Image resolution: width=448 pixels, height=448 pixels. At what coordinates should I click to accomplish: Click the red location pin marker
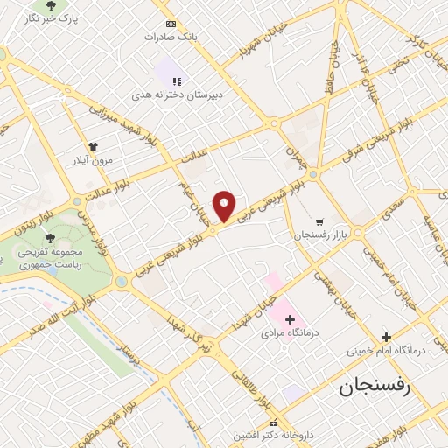225,205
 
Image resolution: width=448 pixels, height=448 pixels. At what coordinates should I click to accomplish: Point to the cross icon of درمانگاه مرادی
290,319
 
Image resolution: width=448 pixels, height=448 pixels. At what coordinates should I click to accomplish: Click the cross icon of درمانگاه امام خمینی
385,337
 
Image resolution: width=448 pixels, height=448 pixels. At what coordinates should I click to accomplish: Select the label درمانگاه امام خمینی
385,351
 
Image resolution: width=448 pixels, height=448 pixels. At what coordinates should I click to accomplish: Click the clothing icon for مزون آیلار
94,147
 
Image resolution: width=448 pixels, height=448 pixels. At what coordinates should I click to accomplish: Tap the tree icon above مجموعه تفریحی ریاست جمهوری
50,237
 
